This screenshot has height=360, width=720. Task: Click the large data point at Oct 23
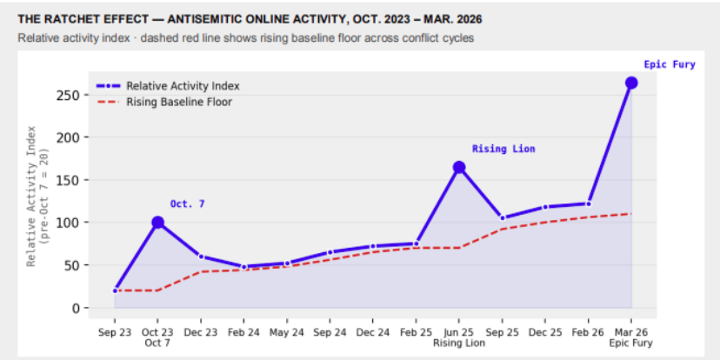(x=158, y=223)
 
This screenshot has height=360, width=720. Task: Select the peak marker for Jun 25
(x=459, y=167)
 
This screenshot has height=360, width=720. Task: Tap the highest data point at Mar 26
(x=631, y=83)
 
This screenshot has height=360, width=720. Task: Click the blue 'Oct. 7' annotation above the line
(x=187, y=203)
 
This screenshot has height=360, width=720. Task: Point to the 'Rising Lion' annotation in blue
(x=503, y=149)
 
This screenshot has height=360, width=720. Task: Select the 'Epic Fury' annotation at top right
(x=669, y=64)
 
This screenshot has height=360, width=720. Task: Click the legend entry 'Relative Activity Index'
(x=183, y=86)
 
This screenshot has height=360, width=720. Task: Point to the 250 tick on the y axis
(x=79, y=95)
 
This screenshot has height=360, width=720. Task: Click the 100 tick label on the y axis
(x=79, y=223)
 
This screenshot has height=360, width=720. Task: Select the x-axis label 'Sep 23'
(x=115, y=331)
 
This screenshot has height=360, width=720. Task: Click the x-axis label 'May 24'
(x=287, y=331)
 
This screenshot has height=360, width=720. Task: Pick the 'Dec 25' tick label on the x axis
(x=545, y=331)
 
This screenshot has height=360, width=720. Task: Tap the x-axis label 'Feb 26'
(x=589, y=331)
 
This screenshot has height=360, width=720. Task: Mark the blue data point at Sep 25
(x=503, y=218)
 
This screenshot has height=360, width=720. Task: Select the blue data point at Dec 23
(x=201, y=257)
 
